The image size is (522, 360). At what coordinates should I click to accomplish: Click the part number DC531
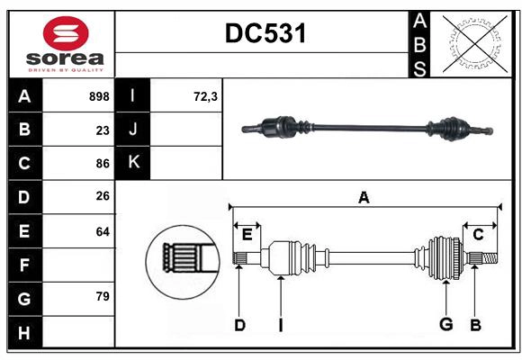tap(265, 34)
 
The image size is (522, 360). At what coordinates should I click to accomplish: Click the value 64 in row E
tap(102, 231)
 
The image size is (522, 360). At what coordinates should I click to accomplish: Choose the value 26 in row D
tap(102, 197)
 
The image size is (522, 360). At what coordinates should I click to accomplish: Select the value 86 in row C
tap(102, 164)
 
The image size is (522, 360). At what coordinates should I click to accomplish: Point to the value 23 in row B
tap(102, 130)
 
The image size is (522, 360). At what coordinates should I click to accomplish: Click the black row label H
tap(24, 332)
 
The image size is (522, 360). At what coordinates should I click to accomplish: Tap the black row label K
tap(133, 163)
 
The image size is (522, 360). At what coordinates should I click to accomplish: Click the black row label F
tap(24, 265)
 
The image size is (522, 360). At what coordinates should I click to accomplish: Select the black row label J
tap(133, 130)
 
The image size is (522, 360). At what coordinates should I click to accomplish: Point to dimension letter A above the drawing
tap(364, 197)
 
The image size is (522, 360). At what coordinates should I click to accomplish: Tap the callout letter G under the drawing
tap(445, 325)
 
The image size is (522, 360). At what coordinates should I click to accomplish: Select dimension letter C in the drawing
tap(478, 235)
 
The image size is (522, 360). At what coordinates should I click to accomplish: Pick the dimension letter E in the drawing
tap(247, 235)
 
